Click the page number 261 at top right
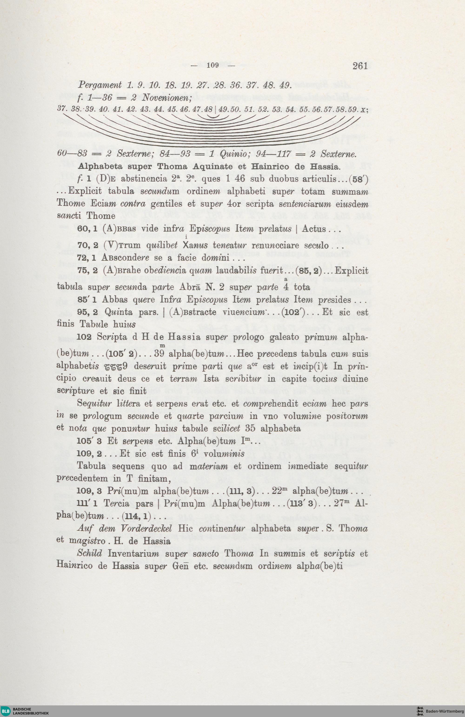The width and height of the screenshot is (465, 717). point(360,66)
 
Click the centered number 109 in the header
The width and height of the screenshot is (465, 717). point(213,65)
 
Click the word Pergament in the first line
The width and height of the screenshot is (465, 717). point(100,85)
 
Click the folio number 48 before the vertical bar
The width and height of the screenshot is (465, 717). point(208,109)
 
